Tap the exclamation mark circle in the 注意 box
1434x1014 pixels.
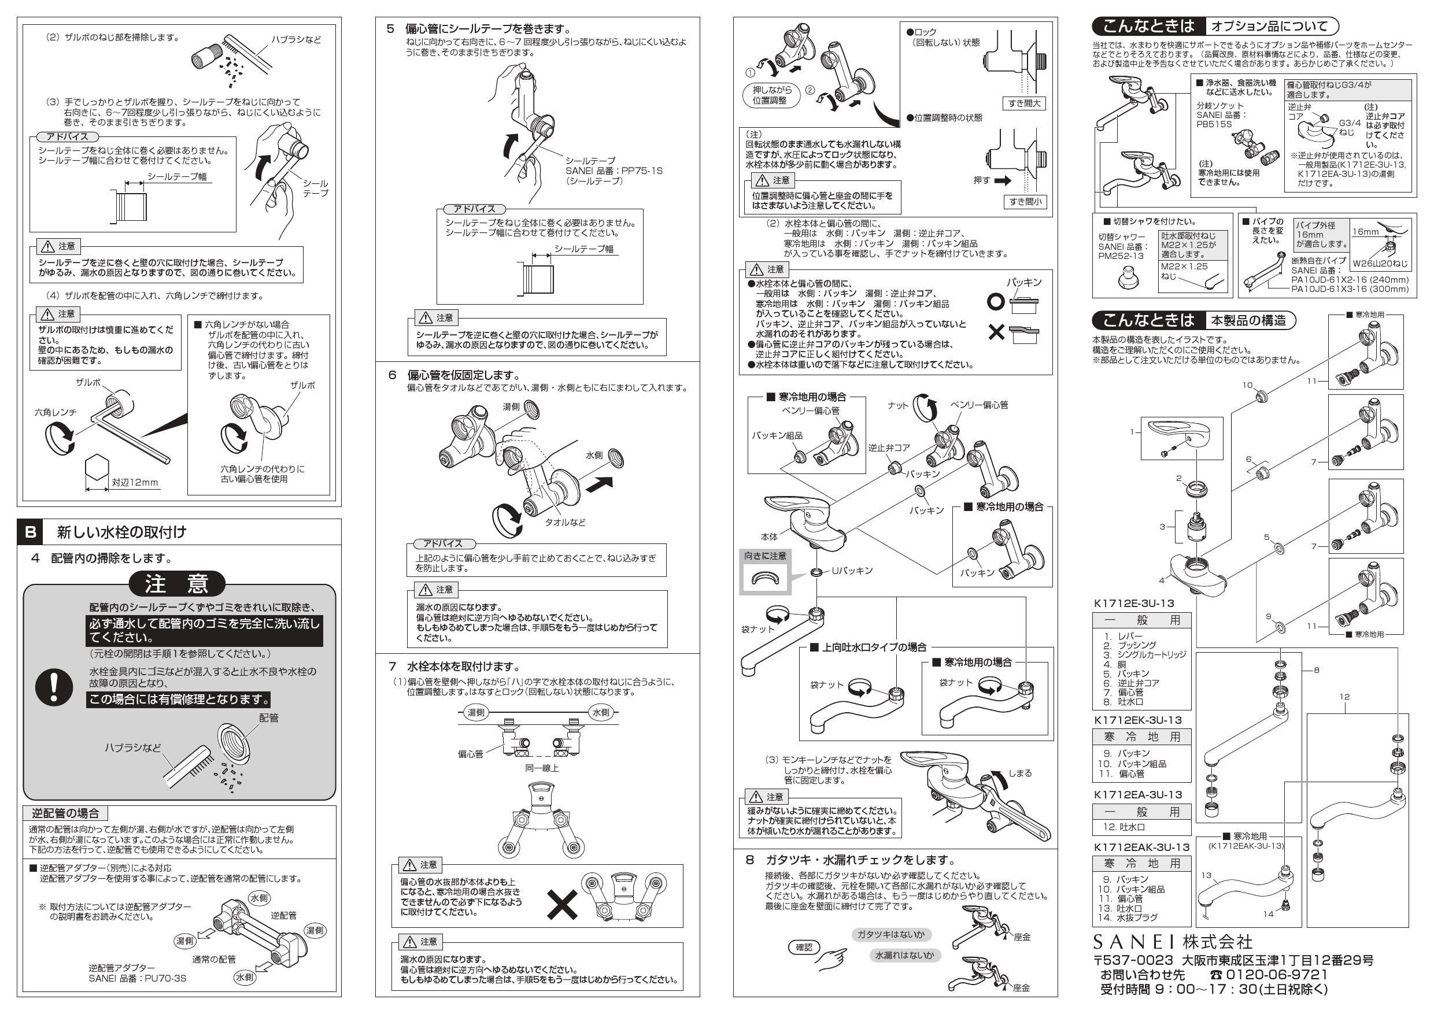[x=54, y=687]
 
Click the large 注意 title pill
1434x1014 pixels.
[x=177, y=584]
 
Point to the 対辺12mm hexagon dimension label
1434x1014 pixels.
[x=135, y=482]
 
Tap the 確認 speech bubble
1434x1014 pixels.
[x=803, y=947]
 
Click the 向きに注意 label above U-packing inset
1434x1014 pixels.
[x=765, y=556]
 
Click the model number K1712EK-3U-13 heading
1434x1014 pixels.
[x=1138, y=720]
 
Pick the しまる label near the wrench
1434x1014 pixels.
[x=1020, y=773]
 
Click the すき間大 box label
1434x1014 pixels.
[x=1024, y=103]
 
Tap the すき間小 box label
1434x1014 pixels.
[x=1024, y=202]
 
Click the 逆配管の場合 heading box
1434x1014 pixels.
[x=65, y=813]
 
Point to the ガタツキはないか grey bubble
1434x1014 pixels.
[x=890, y=934]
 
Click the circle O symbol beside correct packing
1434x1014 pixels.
[x=996, y=302]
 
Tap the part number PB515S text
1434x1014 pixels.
[x=1214, y=124]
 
